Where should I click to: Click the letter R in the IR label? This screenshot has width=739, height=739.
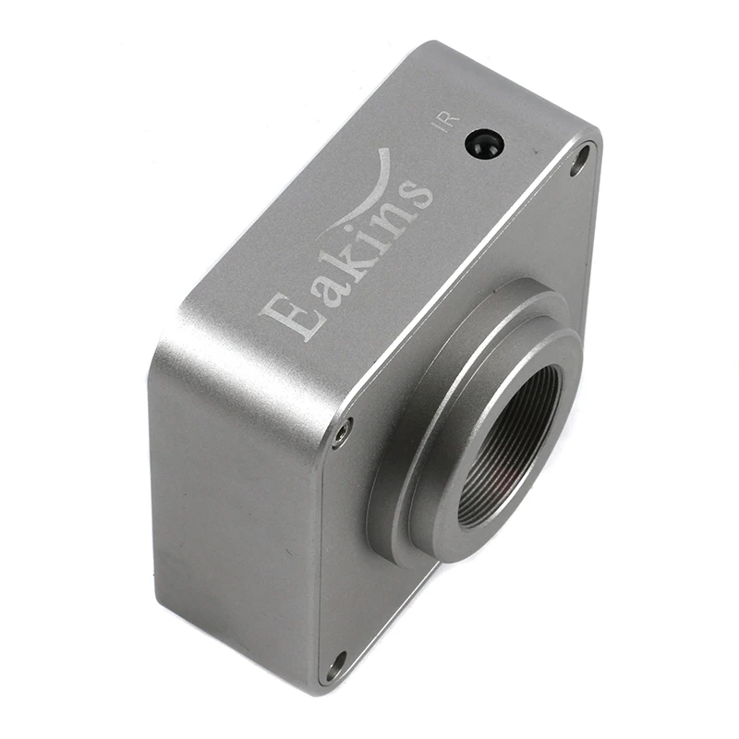(x=451, y=117)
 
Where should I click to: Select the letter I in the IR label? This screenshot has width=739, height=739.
(x=441, y=127)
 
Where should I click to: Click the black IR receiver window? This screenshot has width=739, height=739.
(x=484, y=143)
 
